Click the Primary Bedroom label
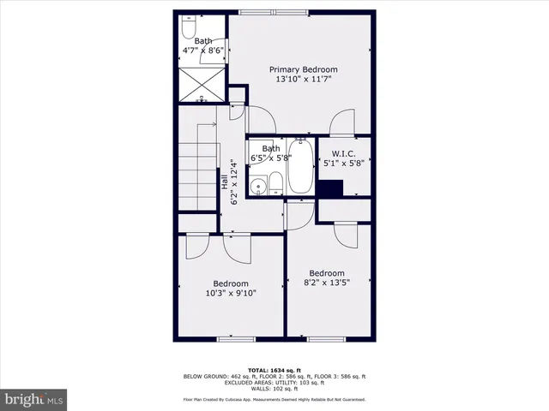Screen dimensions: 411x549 pyautogui.click(x=303, y=69)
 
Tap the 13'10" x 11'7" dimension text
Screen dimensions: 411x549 pyautogui.click(x=303, y=80)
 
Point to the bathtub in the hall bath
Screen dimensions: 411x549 pyautogui.click(x=300, y=167)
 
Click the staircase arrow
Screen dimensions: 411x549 pyautogui.click(x=204, y=124)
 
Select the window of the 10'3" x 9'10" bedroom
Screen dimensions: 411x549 pyautogui.click(x=237, y=339)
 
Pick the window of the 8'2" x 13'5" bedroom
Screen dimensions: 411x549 pyautogui.click(x=326, y=339)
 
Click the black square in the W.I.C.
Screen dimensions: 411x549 pyautogui.click(x=329, y=189)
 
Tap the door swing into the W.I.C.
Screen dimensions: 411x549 pyautogui.click(x=341, y=122)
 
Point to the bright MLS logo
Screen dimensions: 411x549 pyautogui.click(x=34, y=399)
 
